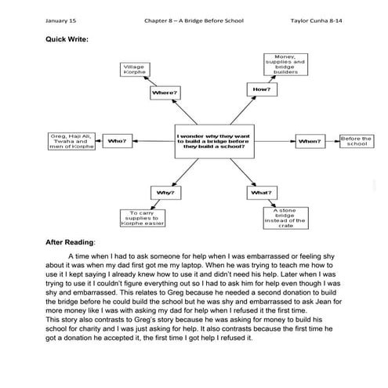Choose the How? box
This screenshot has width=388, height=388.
click(x=262, y=89)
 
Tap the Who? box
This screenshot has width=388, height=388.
click(x=116, y=142)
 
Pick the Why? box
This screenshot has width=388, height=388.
click(x=165, y=192)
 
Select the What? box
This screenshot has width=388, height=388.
click(x=261, y=192)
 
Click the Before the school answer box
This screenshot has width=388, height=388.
click(x=356, y=141)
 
